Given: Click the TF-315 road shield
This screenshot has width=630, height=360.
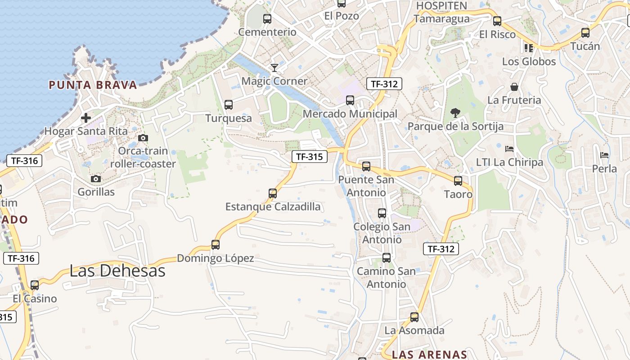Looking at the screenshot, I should point(309,157).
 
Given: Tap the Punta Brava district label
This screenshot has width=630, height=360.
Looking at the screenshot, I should point(93,85).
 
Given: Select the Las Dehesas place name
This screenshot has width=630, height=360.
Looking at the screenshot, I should point(117,270).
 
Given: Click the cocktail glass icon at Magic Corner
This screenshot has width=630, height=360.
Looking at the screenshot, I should point(274,68).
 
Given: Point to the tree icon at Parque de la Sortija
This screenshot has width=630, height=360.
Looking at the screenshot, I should point(455,113).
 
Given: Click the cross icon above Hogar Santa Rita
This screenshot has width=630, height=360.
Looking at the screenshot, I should point(85,118).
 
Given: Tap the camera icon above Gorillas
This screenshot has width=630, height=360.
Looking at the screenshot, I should point(95,179).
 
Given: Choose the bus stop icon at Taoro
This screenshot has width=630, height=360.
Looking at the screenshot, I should point(458,181).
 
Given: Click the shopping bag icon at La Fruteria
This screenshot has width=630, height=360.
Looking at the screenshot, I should point(514,87).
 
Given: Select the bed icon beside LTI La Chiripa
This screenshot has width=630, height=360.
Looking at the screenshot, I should point(509,148).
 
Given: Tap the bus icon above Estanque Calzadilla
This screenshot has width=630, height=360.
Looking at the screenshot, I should point(273,193).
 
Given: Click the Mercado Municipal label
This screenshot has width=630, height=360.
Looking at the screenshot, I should point(350,114).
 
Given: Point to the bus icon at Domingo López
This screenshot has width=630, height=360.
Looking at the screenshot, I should point(216,245).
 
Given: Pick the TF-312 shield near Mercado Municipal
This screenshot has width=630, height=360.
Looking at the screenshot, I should point(384,84).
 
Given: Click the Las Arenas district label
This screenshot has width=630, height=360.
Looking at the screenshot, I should point(429,354).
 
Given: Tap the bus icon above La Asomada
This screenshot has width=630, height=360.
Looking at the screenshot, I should point(414,317).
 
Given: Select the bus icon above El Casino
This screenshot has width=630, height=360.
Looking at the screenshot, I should point(35,285).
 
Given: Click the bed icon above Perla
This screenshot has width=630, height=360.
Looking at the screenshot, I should point(604,155).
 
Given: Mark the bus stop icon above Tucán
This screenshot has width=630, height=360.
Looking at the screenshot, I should point(585,33).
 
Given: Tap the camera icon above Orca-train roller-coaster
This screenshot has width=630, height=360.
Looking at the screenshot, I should point(143,138).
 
